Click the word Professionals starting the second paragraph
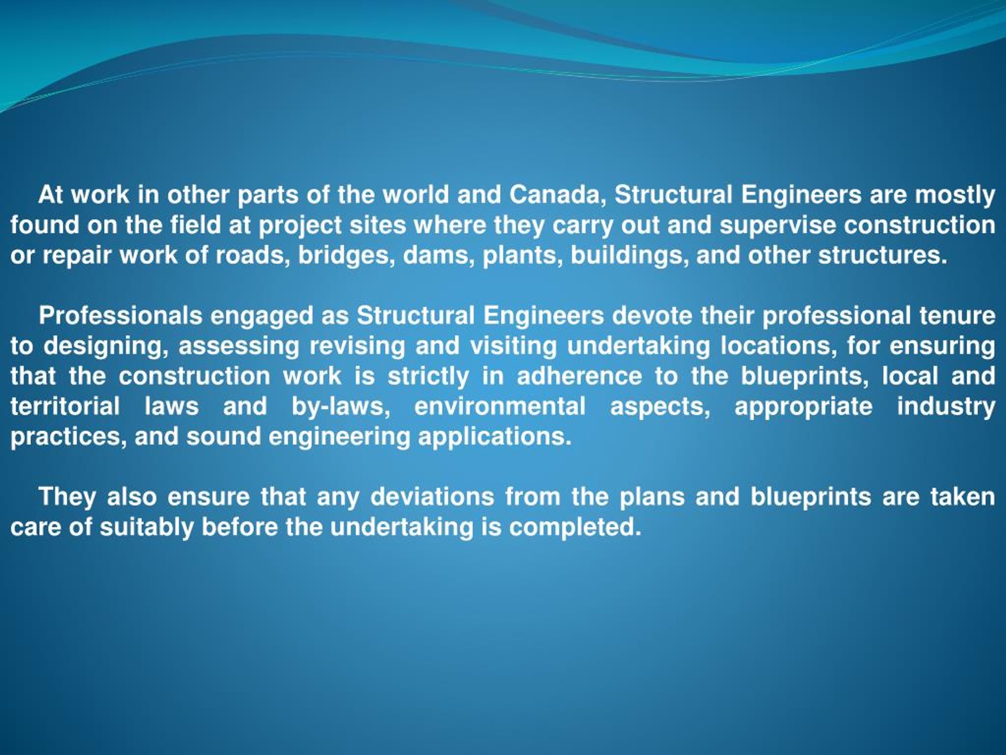pyautogui.click(x=121, y=315)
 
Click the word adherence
pyautogui.click(x=579, y=376)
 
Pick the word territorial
pyautogui.click(x=65, y=406)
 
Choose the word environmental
pyautogui.click(x=500, y=406)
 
